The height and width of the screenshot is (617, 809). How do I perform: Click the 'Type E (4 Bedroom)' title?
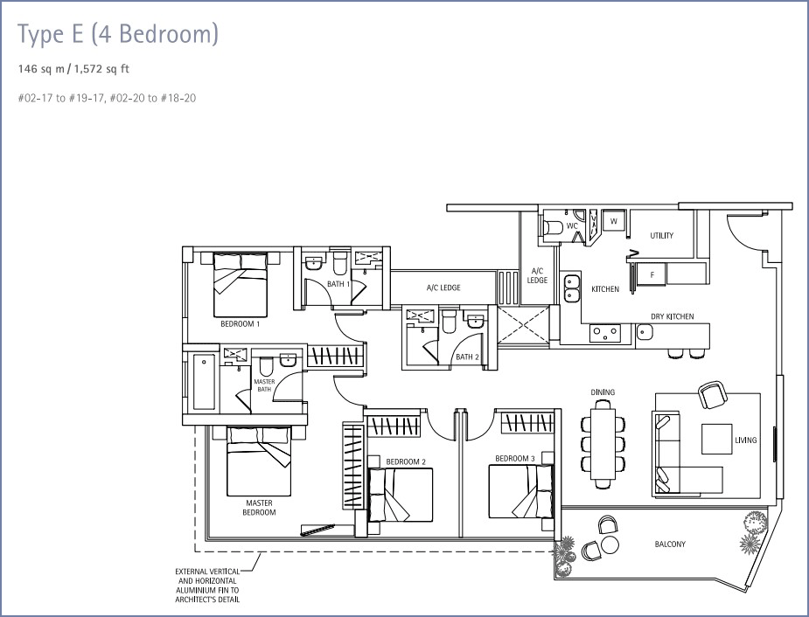pos(118,35)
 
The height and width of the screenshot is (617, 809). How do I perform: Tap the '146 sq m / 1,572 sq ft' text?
pos(73,69)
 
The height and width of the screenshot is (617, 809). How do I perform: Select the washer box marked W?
pos(614,221)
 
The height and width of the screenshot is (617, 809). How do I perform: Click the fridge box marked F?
pos(652,274)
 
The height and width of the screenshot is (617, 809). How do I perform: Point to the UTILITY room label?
pos(661,236)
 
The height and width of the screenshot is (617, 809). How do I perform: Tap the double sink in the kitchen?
pos(571,288)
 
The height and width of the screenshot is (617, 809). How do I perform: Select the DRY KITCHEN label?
pos(673,316)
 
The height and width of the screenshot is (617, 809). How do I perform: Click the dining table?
pos(603,444)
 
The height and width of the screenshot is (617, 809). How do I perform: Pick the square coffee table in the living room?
pos(716,440)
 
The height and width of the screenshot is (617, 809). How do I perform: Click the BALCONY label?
pos(670,544)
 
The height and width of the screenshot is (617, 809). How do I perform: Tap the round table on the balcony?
pos(610,544)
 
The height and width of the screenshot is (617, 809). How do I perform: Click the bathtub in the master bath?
pos(204,382)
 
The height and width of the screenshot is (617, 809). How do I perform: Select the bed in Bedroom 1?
pos(241,285)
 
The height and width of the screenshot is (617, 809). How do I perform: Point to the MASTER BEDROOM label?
pos(259,508)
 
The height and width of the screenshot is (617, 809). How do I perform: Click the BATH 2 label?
pos(467,357)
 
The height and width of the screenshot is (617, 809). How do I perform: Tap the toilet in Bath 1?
pos(339,263)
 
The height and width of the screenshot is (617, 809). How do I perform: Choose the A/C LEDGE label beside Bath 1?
pos(443,288)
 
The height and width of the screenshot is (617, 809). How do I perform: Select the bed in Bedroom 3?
pos(521,491)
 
